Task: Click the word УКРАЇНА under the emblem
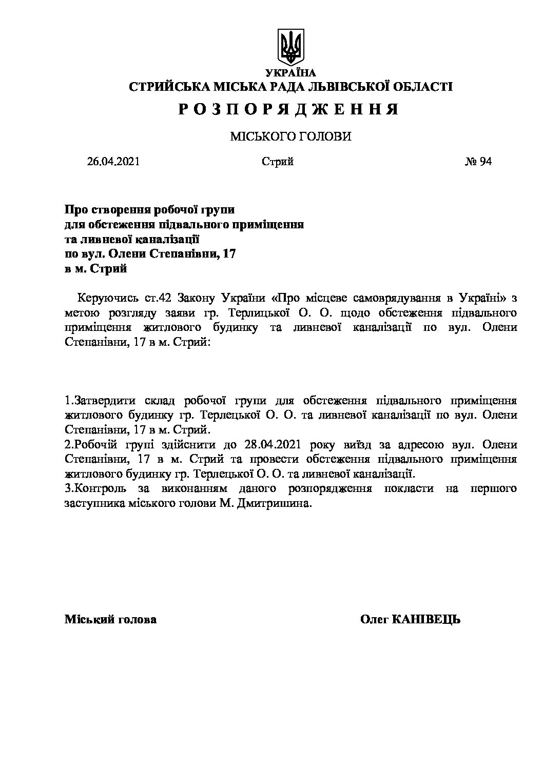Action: (x=290, y=73)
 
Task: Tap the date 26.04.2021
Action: (x=113, y=162)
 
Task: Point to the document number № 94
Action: (x=478, y=162)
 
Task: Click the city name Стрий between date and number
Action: (x=277, y=162)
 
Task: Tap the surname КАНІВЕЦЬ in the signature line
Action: (x=426, y=619)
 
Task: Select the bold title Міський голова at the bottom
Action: (x=110, y=619)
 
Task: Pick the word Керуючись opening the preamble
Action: (x=102, y=298)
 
